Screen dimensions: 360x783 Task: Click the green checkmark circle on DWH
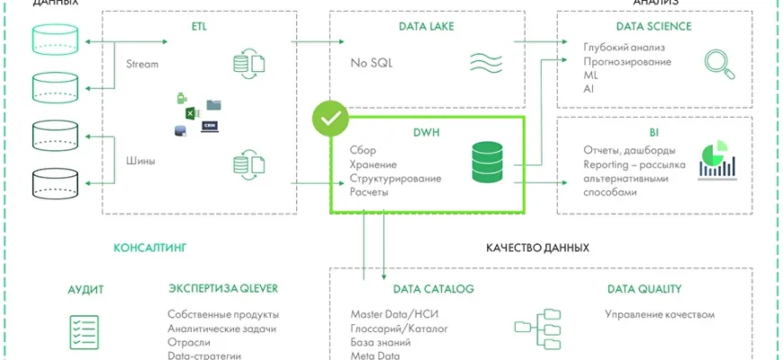tap(330, 119)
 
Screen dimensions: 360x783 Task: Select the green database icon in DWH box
tap(490, 162)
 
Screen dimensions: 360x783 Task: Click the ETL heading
tap(200, 27)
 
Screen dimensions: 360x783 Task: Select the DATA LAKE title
tap(427, 27)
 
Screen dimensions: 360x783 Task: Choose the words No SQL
tap(372, 63)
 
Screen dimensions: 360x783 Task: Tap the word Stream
tap(142, 64)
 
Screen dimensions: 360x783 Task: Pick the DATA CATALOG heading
tap(434, 290)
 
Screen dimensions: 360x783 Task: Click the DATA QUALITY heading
tap(644, 290)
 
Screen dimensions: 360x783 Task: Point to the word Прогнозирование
tap(626, 62)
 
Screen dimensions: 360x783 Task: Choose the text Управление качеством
tap(659, 315)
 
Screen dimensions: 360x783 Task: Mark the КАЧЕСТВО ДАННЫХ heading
tap(538, 247)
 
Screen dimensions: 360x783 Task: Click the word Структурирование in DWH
tap(395, 178)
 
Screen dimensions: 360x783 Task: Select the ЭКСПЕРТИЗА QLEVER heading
tap(223, 290)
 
